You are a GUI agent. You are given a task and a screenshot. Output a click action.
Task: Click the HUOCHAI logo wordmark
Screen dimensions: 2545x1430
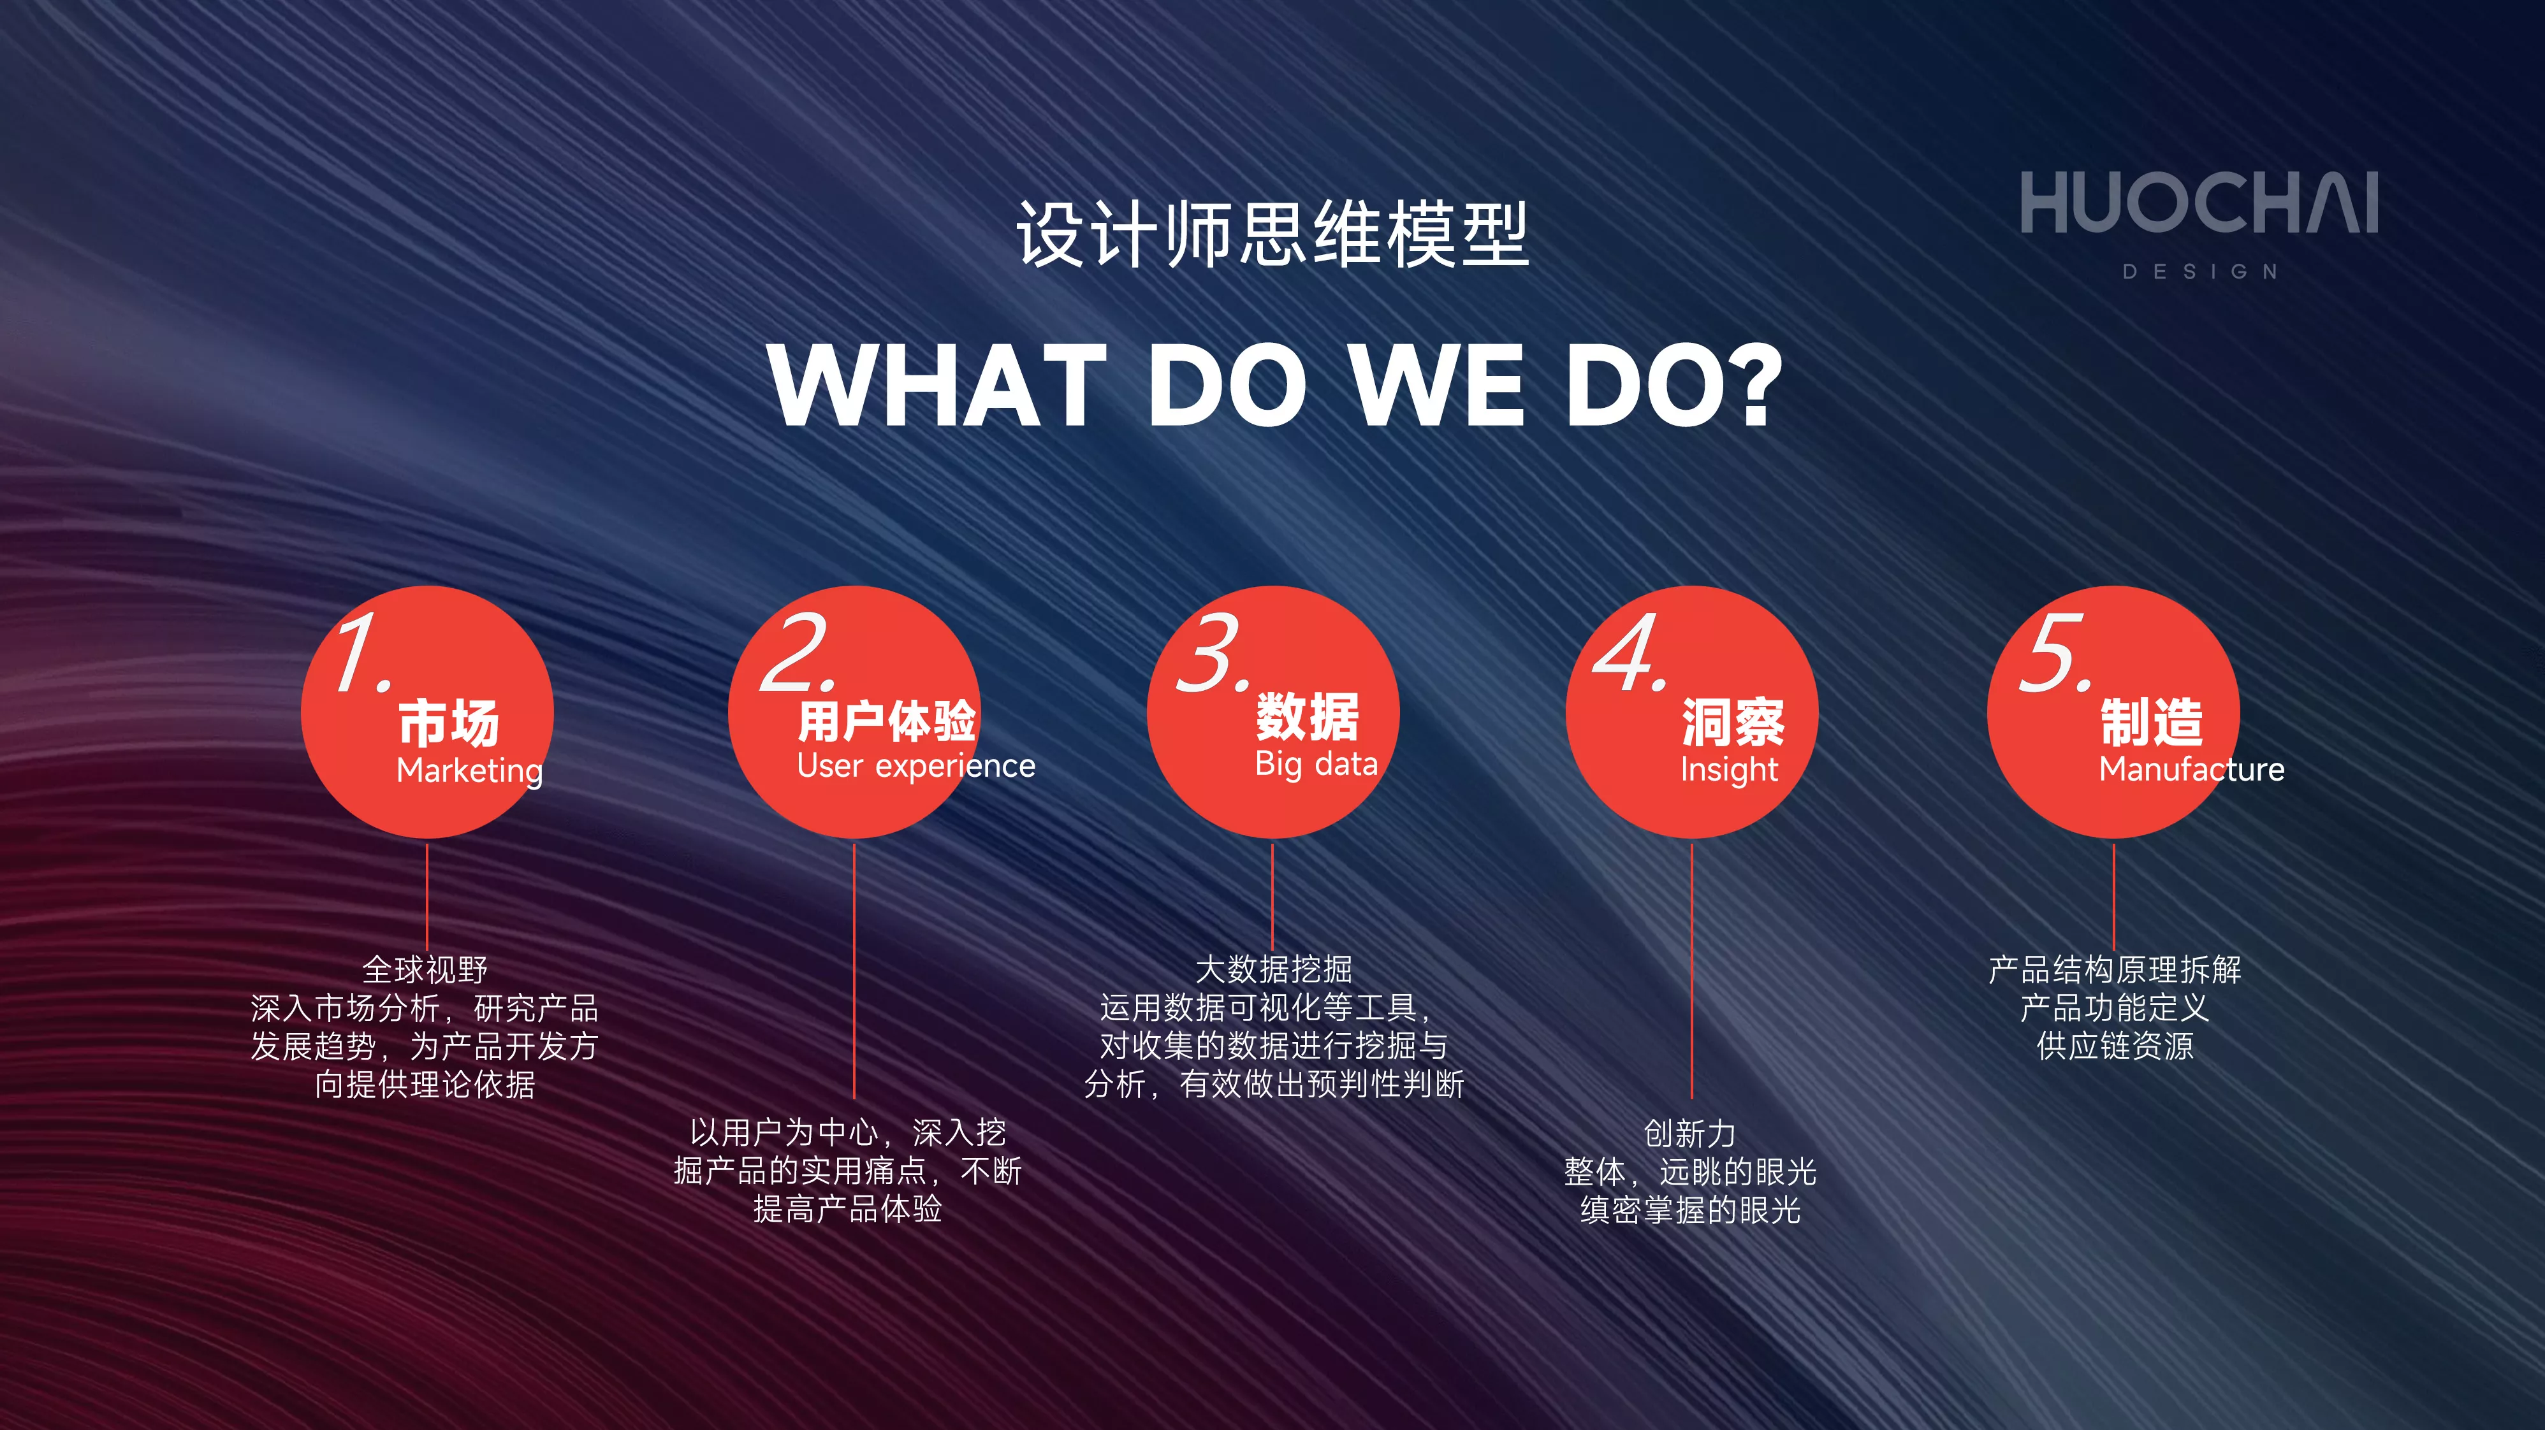coord(2199,203)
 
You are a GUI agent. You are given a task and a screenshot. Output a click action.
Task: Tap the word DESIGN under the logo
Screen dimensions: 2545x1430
coord(2200,271)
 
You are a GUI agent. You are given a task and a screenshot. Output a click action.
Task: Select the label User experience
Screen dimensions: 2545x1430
coord(916,767)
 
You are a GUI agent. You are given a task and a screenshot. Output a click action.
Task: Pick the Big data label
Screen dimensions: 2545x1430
coord(1316,764)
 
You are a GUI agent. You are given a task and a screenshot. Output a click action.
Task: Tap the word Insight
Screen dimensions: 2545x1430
coord(1729,769)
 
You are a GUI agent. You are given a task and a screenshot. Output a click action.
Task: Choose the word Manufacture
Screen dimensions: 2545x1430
coord(2191,769)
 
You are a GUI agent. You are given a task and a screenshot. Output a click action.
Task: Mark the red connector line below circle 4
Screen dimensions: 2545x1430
coord(1691,971)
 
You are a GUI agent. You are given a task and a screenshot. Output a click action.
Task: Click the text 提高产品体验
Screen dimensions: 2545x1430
coord(848,1209)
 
